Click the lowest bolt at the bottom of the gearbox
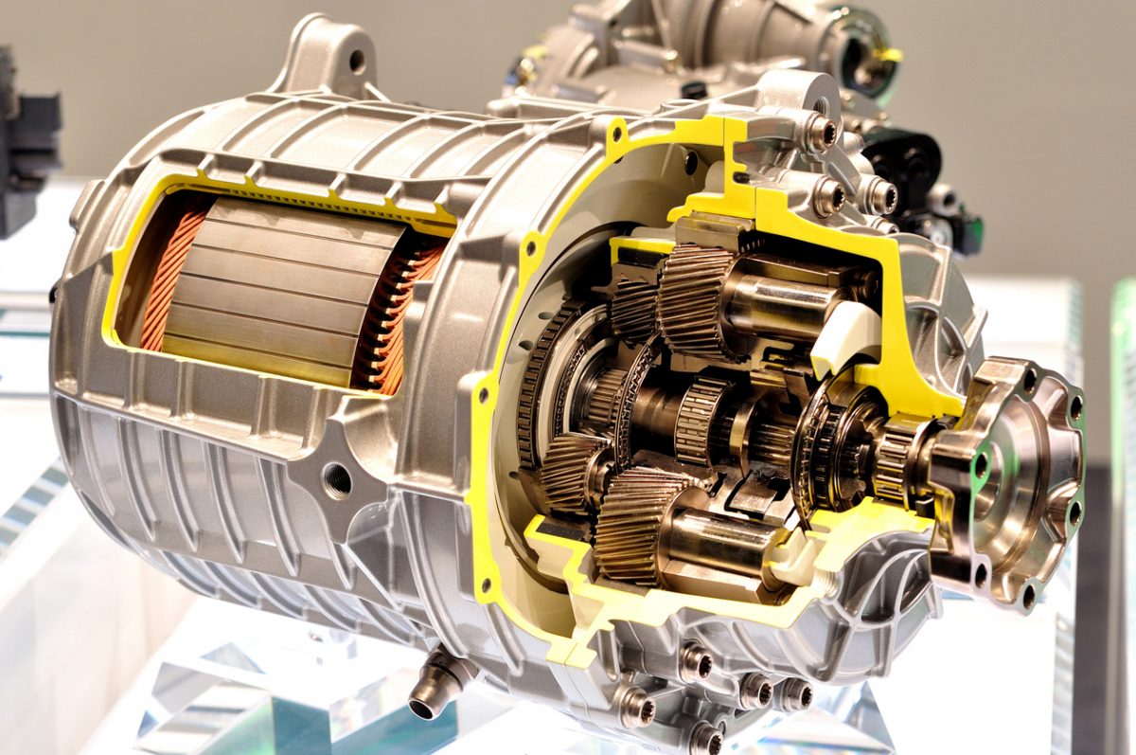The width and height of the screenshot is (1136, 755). [x=705, y=737]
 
